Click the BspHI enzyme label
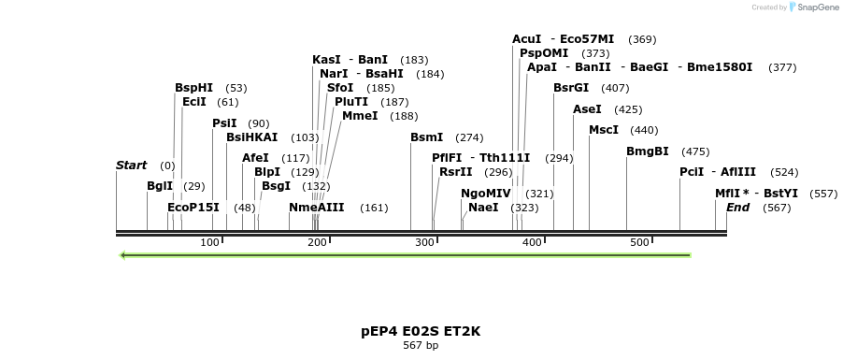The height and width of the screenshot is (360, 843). (x=193, y=88)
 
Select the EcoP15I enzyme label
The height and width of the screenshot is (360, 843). (x=193, y=208)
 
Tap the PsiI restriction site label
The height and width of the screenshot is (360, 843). (x=224, y=123)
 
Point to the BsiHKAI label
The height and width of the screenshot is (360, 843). (x=251, y=137)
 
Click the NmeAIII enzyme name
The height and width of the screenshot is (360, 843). (x=316, y=208)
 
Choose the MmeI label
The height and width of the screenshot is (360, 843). (x=360, y=116)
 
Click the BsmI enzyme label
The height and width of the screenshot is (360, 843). (x=426, y=137)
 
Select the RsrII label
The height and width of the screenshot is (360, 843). (x=455, y=172)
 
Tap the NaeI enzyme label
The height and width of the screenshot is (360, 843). (x=483, y=208)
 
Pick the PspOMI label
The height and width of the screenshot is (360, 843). (x=544, y=53)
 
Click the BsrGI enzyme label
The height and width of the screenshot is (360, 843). (x=571, y=88)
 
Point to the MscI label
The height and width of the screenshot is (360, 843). (x=604, y=130)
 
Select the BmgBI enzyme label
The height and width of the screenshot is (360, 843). (x=648, y=151)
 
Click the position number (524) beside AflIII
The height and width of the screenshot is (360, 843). (x=784, y=172)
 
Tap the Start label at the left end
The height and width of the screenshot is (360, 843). (x=131, y=166)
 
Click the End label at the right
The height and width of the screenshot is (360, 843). (x=738, y=208)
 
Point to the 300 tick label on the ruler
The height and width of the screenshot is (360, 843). (x=425, y=243)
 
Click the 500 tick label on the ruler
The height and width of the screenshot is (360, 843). (x=639, y=243)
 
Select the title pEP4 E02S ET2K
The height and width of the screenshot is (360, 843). (x=421, y=331)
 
